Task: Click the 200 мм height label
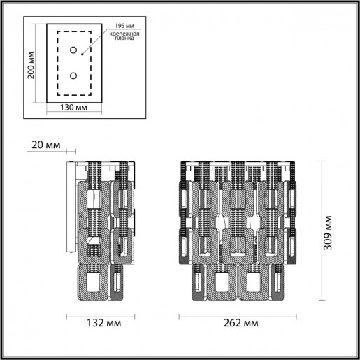click(31, 66)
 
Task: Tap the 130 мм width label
click(73, 109)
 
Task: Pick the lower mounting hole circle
click(73, 75)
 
